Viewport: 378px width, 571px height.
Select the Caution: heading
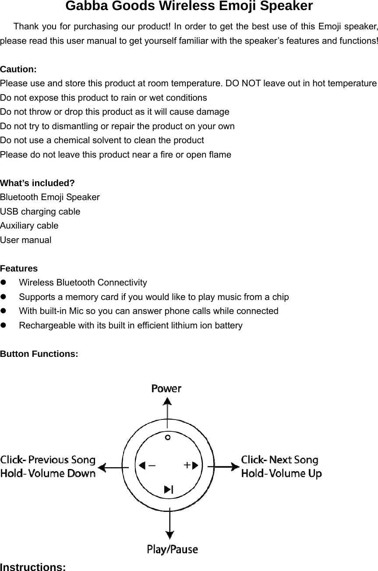[x=18, y=69]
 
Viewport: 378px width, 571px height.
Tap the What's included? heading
[x=37, y=183]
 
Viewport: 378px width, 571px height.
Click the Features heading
[x=19, y=268]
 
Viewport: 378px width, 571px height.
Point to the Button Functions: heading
[x=39, y=353]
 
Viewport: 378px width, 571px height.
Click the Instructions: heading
[x=33, y=567]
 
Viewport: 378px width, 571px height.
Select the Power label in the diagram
[x=166, y=388]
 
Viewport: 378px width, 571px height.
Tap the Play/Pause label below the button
[x=172, y=549]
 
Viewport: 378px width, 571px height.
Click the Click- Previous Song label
[x=48, y=460]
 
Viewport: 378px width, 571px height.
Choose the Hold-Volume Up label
[x=282, y=473]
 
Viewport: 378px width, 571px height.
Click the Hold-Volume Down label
[x=48, y=473]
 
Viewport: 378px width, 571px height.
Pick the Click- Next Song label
[x=280, y=460]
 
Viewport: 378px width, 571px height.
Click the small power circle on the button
[x=168, y=437]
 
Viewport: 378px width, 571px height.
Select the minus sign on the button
[x=152, y=465]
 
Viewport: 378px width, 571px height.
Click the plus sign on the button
[x=187, y=465]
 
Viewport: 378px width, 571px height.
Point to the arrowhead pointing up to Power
[x=167, y=402]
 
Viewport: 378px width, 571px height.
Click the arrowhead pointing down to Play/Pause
[x=170, y=534]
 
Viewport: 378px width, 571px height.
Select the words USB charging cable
[x=40, y=211]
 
